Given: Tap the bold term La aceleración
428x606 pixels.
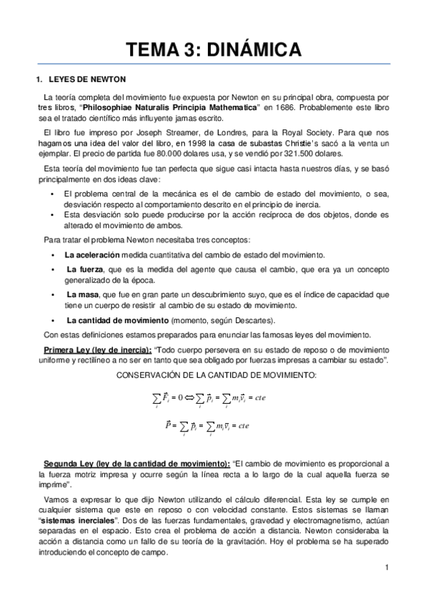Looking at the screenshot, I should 91,255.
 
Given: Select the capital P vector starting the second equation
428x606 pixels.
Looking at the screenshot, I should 167,424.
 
